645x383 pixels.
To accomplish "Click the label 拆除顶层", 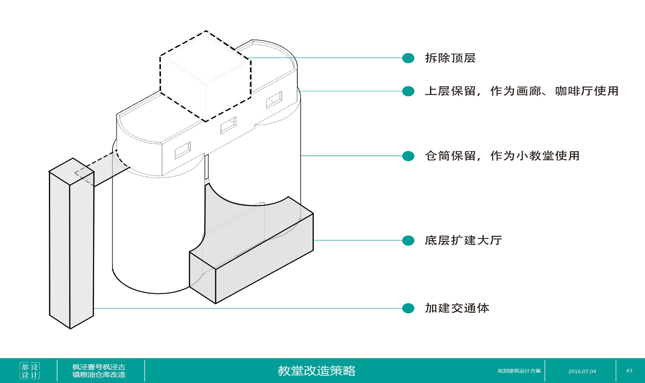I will (450, 58).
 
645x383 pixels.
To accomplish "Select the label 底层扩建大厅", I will (463, 241).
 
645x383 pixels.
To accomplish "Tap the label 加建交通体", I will (457, 308).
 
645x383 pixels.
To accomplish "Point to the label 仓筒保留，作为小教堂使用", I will (502, 156).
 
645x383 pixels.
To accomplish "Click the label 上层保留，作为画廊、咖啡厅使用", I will (521, 91).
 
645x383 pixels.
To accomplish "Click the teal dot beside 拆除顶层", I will (408, 58).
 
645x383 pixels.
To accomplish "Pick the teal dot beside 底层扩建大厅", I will (408, 241).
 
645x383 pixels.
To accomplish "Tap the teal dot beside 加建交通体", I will (408, 308).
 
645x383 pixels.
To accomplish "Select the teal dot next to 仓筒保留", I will (408, 156).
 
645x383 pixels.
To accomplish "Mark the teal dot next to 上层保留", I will (408, 91).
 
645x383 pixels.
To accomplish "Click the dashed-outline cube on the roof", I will (206, 76).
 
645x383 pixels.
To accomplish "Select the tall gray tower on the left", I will (71, 245).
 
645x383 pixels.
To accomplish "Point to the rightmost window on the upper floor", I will (274, 100).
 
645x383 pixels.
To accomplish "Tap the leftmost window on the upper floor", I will (183, 150).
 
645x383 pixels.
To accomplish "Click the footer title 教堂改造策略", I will (316, 371).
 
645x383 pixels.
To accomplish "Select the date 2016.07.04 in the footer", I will (582, 371).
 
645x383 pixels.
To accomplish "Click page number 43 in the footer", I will (629, 371).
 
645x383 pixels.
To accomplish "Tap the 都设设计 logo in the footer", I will (30, 371).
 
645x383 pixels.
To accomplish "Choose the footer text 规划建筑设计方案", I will (519, 371).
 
